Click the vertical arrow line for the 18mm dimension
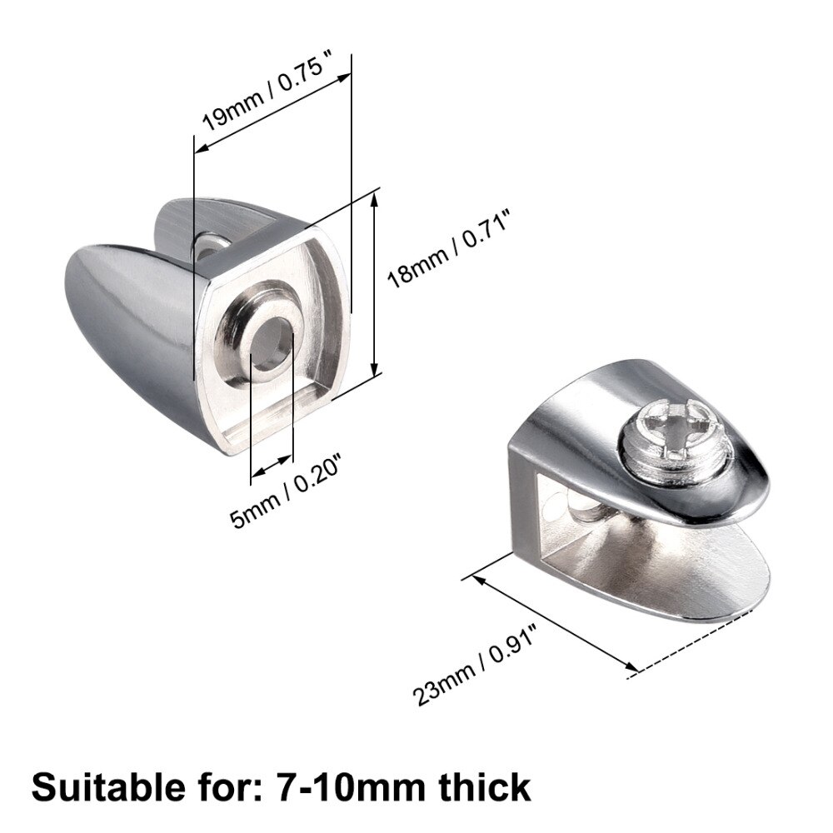coord(377,283)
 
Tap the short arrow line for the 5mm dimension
coord(272,468)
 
